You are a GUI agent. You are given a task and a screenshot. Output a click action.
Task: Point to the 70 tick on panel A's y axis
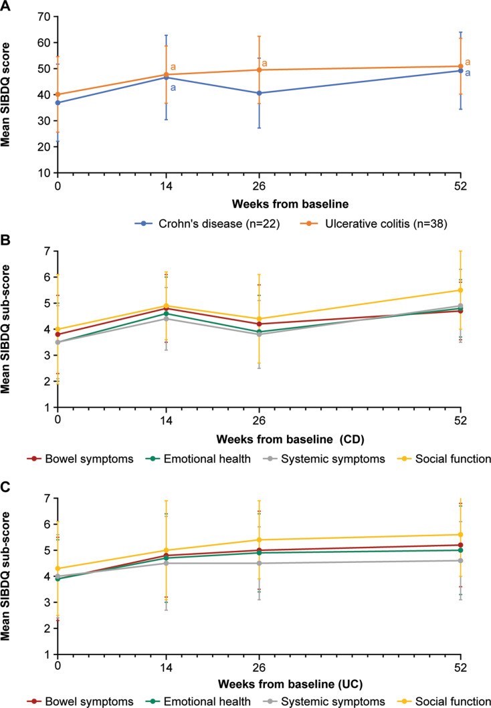pyautogui.click(x=44, y=16)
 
